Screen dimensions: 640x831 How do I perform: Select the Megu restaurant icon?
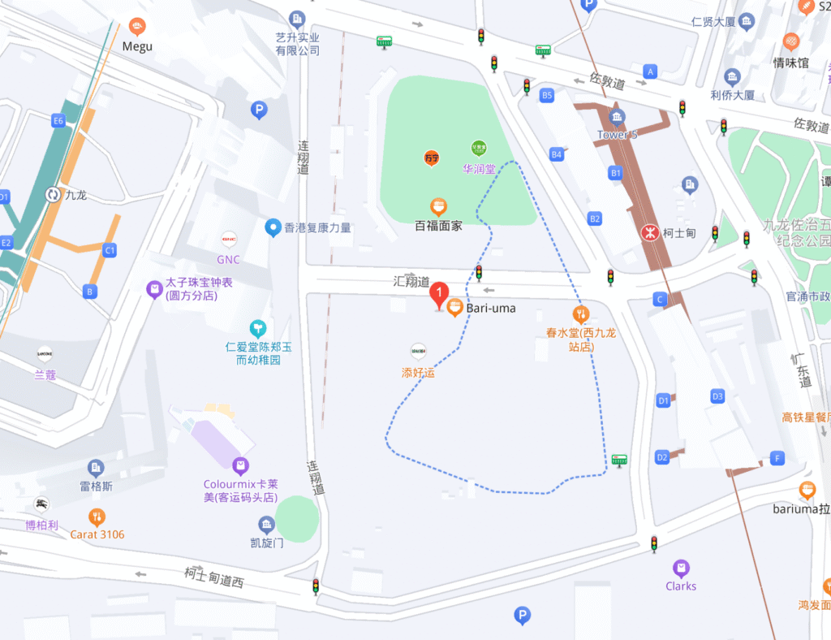[x=137, y=27]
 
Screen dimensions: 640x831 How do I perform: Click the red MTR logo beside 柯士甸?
[x=649, y=233]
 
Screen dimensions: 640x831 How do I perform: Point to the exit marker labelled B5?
[x=547, y=96]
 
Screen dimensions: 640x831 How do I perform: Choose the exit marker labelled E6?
[x=58, y=121]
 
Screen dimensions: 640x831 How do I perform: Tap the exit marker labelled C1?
[x=110, y=251]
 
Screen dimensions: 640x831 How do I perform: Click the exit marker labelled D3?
[x=717, y=396]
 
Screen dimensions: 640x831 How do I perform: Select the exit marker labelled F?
[x=777, y=458]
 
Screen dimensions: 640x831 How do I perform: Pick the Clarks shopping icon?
[x=681, y=568]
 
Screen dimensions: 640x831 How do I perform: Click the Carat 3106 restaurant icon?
[x=97, y=517]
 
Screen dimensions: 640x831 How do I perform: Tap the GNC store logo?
[x=229, y=240]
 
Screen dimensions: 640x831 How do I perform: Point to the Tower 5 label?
[x=617, y=135]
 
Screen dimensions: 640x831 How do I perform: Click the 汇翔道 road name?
[x=411, y=282]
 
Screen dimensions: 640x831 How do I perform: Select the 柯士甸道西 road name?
[x=213, y=577]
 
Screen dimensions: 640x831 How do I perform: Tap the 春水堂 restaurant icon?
[x=580, y=314]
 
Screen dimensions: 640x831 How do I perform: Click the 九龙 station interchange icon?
[x=53, y=194]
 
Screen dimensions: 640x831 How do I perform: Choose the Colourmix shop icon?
[x=240, y=466]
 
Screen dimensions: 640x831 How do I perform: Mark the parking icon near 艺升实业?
[x=259, y=110]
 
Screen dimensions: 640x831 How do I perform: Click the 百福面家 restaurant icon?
[x=438, y=207]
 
